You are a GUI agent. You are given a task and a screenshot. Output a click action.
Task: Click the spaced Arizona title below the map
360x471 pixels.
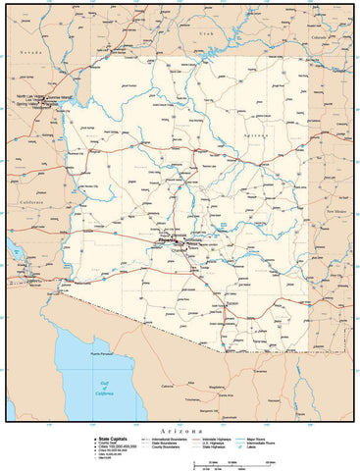click(180, 431)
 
